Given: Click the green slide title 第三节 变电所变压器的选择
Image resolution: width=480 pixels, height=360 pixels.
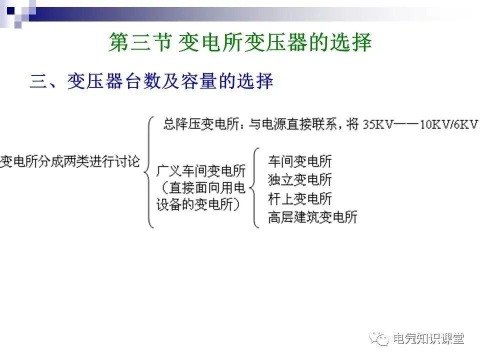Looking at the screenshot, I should [x=240, y=43].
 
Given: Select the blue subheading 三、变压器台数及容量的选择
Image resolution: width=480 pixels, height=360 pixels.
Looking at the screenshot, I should [x=151, y=81].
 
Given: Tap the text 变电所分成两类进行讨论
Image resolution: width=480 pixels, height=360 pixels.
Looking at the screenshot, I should [x=70, y=161].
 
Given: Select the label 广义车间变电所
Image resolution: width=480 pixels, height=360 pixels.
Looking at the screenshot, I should [x=201, y=171].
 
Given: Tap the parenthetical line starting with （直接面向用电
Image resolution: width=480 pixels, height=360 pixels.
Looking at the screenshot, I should [x=201, y=188].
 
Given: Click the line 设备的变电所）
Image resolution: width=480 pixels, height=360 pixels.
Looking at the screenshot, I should [x=198, y=204].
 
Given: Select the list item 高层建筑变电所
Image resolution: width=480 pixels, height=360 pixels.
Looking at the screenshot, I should [x=312, y=217].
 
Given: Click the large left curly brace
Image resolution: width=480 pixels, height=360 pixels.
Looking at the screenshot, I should [x=149, y=171].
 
